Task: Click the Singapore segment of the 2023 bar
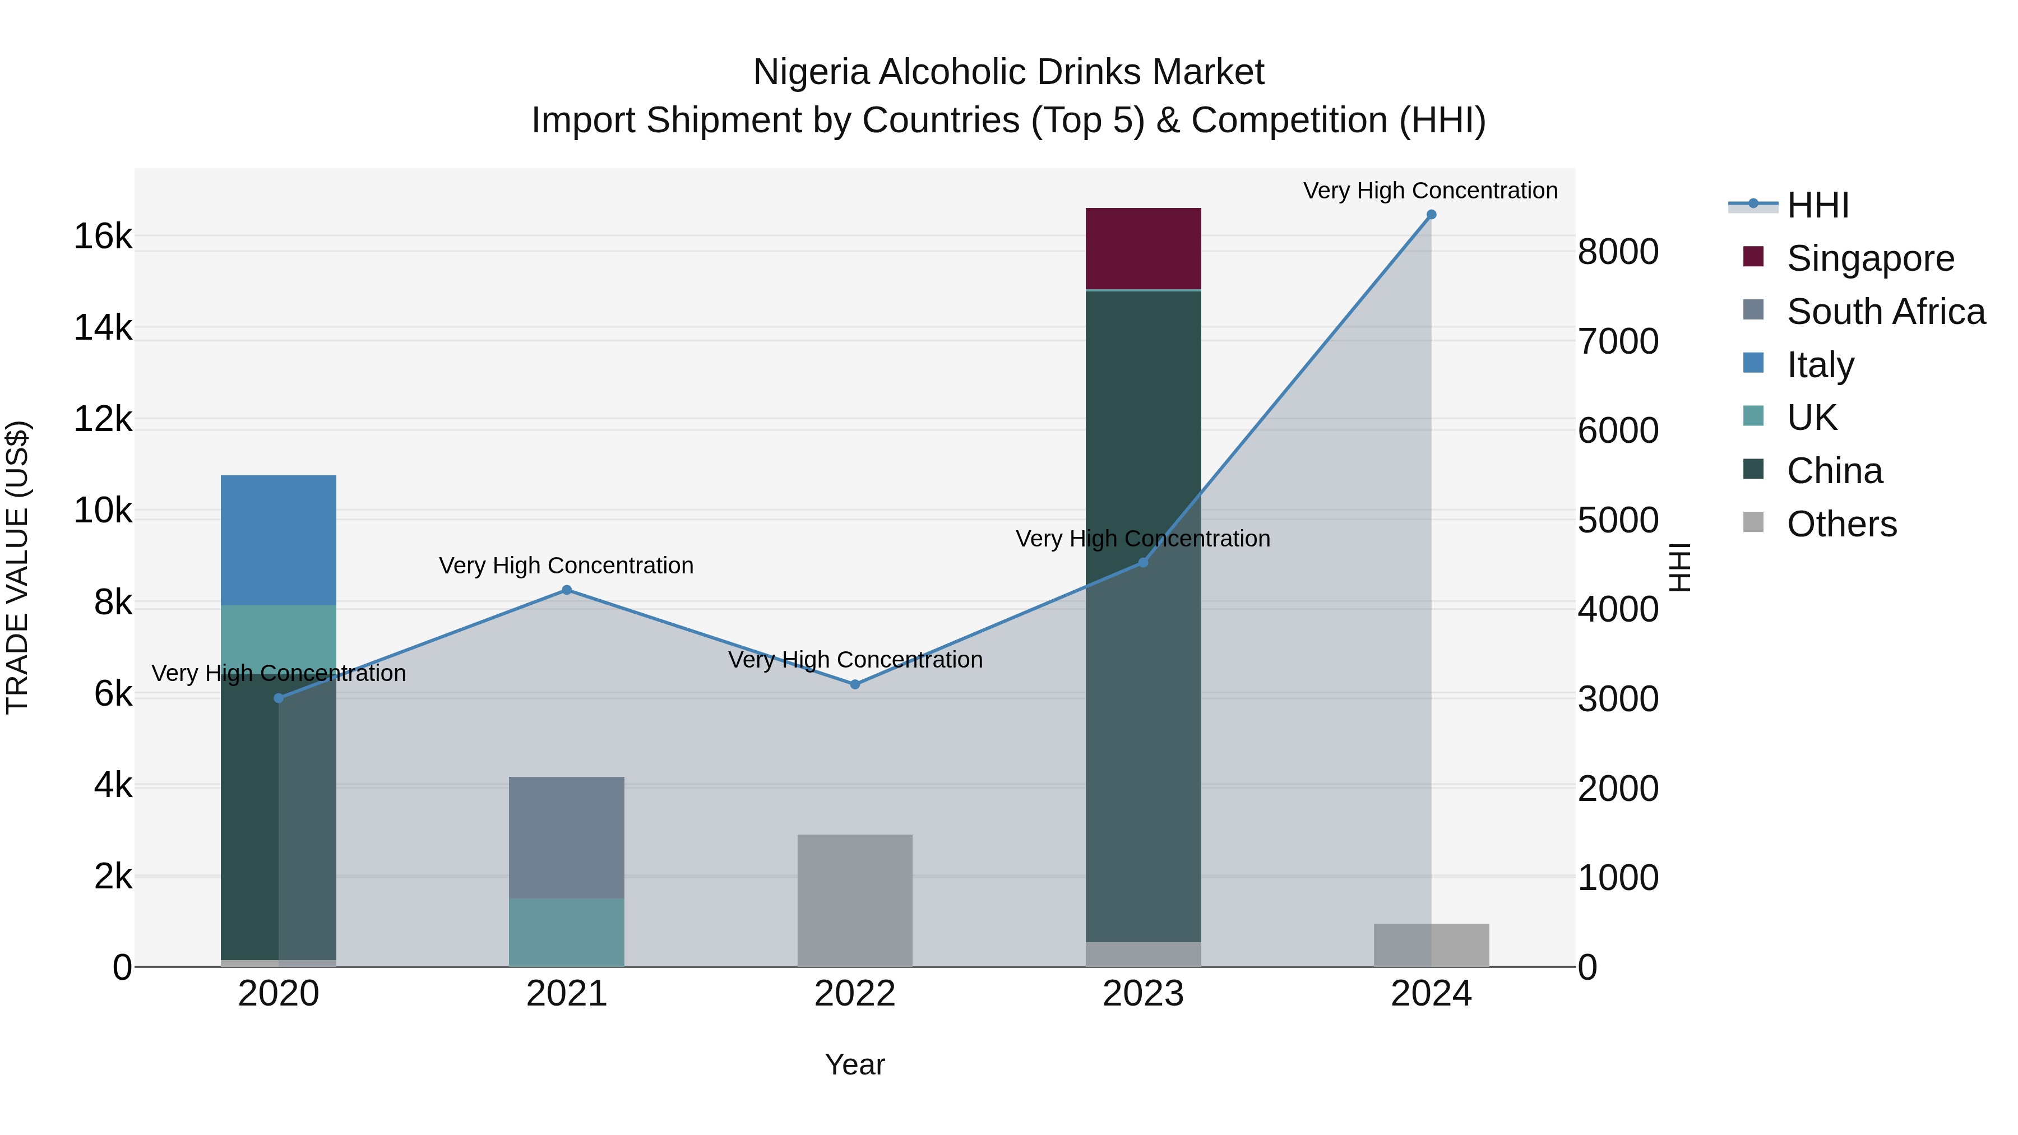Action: point(1143,248)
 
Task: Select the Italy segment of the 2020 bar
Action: point(278,540)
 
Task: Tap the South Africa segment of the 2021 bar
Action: point(566,837)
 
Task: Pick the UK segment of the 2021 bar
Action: point(566,932)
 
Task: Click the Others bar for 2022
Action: point(855,901)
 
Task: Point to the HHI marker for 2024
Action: point(1431,215)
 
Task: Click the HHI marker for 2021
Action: point(566,590)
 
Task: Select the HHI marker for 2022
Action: point(855,684)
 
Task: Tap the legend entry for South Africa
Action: point(1886,312)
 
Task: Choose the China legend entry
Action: point(1834,471)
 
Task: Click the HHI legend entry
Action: point(1817,205)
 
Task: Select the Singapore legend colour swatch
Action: point(1753,257)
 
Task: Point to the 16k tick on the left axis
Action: point(103,237)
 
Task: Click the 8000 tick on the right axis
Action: point(1618,252)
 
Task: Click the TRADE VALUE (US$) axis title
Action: point(17,567)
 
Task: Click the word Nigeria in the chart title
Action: point(811,73)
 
